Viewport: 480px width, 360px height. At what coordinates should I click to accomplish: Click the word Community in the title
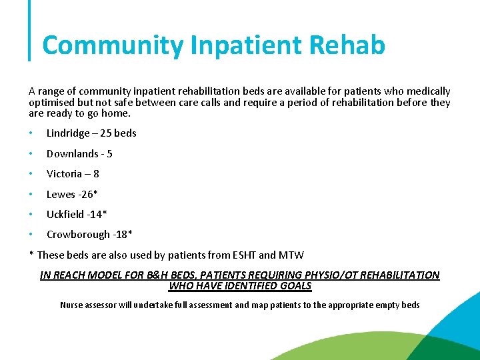(113, 45)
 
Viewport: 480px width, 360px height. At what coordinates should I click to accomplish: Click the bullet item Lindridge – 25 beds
(91, 133)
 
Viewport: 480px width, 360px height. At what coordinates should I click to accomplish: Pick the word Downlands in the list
(71, 154)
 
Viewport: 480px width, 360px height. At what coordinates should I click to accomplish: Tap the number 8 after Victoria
(96, 174)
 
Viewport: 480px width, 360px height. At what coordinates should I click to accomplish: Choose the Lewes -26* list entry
(72, 195)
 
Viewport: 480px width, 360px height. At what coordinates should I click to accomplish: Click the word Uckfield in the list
(65, 215)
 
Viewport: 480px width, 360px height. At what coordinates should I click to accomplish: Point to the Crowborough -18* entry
(89, 235)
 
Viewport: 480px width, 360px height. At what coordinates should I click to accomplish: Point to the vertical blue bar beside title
(30, 30)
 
